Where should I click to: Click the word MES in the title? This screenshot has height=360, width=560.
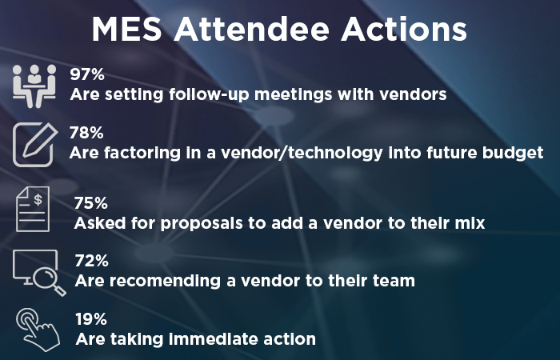click(x=126, y=30)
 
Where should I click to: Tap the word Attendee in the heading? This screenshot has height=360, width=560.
click(x=251, y=30)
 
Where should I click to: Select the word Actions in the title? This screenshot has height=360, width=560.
click(x=404, y=30)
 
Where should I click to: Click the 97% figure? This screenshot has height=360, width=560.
click(x=87, y=74)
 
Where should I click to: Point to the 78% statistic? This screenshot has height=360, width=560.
click(x=86, y=133)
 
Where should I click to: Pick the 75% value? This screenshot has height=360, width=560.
click(x=90, y=203)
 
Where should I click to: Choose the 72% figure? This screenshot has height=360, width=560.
click(x=91, y=261)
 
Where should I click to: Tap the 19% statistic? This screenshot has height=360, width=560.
click(x=91, y=319)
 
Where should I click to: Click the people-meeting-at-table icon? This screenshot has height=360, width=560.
click(x=34, y=86)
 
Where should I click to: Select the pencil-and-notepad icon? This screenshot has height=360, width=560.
click(x=34, y=145)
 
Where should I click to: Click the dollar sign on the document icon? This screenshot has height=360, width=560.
click(x=38, y=200)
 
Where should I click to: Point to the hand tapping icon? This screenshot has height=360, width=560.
click(x=38, y=330)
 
